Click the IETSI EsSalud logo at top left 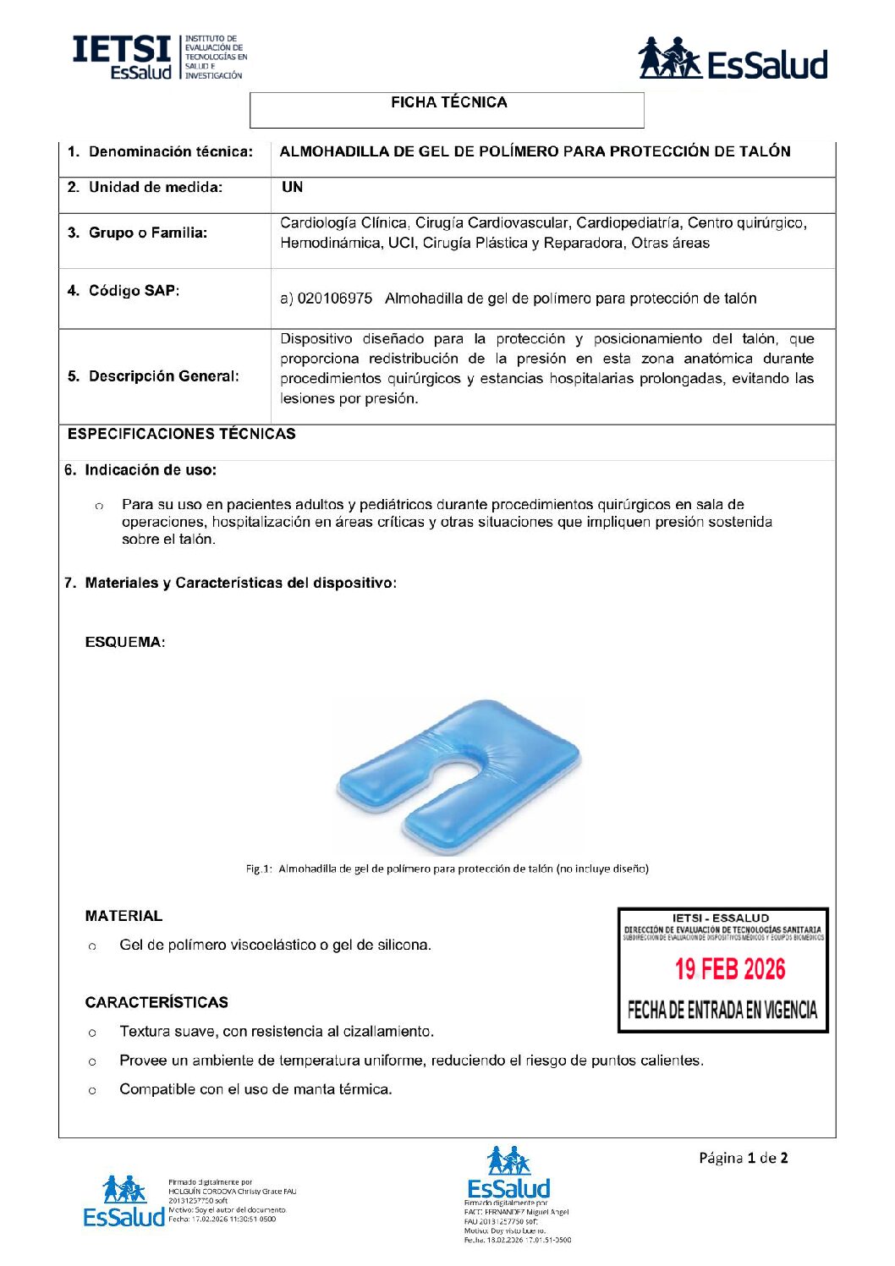159,58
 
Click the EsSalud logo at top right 732,58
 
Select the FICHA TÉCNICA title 448,102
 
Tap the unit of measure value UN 292,188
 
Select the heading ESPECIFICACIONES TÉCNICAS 182,434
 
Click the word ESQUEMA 124,643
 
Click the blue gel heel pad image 459,775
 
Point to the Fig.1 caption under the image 447,869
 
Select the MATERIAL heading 124,916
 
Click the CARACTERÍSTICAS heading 156,1002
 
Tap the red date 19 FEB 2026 729,969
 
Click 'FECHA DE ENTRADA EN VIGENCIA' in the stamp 722,1010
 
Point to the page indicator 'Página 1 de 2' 743,1158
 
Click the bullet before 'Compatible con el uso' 92,1090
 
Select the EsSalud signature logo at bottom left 124,1201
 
